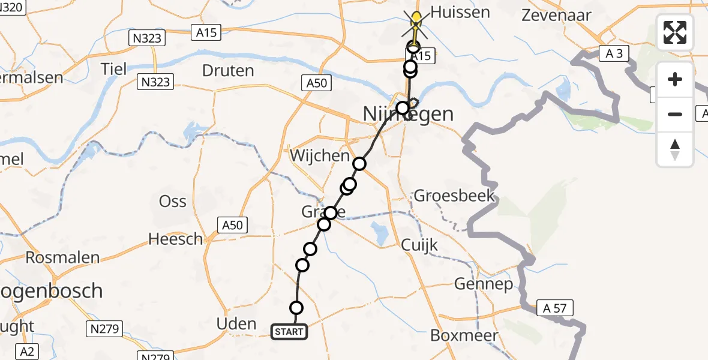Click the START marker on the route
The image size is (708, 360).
290,332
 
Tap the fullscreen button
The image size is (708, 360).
675,32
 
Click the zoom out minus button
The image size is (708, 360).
675,114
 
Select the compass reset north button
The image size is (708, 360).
675,149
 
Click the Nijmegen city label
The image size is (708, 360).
409,113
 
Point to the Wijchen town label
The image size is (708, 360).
320,156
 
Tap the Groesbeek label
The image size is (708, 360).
454,196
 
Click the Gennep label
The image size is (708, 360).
484,283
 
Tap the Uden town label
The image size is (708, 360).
236,324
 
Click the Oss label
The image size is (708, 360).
172,201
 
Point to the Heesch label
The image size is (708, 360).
176,239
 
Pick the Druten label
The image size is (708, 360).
228,71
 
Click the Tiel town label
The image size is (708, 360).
114,69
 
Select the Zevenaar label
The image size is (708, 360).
556,16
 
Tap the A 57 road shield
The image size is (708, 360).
555,308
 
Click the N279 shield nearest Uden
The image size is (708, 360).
106,329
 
